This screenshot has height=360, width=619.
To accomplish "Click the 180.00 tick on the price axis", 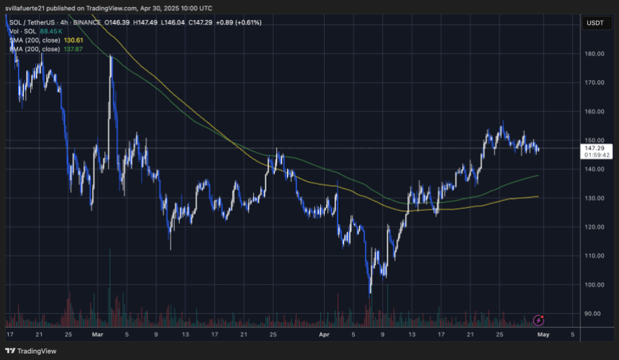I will pyautogui.click(x=594, y=53).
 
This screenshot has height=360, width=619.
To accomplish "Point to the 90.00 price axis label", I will pyautogui.click(x=594, y=313).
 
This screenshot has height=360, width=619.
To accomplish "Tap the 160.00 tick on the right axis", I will pyautogui.click(x=594, y=112).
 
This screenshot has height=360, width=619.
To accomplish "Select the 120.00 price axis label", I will pyautogui.click(x=594, y=227).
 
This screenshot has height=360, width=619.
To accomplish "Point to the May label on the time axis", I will pyautogui.click(x=546, y=334).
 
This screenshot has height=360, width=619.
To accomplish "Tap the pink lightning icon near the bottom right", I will pyautogui.click(x=538, y=320).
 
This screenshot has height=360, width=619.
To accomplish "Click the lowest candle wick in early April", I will pyautogui.click(x=370, y=293).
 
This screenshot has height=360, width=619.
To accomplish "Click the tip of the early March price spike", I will pyautogui.click(x=110, y=55).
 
